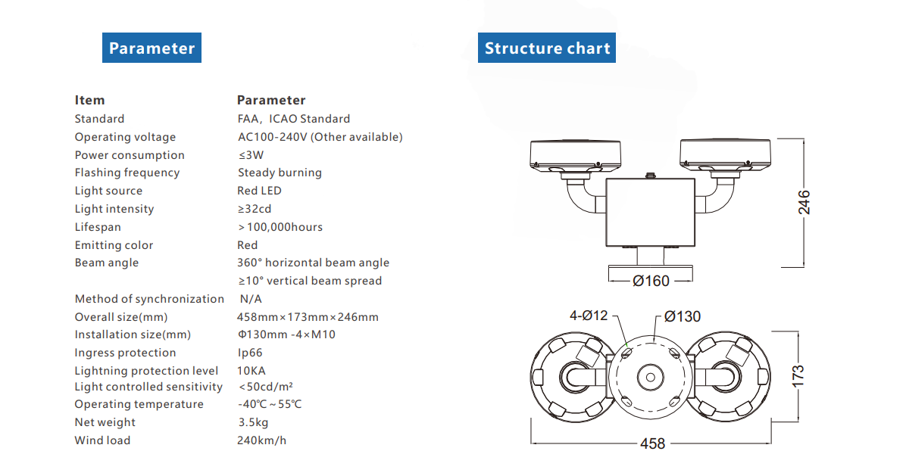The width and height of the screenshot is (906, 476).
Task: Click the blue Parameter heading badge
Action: coord(152,48)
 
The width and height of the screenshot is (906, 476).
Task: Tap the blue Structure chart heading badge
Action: coord(547,48)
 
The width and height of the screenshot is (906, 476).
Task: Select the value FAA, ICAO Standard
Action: coord(294,119)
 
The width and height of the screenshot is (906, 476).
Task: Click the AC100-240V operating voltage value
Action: coord(320,137)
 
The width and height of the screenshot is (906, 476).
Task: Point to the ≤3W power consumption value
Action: coord(251,155)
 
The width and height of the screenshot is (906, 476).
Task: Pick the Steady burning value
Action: coord(280,173)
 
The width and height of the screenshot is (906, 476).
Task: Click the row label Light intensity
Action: coord(114,209)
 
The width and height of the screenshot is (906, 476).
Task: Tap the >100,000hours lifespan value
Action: coord(280,227)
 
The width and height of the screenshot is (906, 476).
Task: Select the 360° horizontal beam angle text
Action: coord(313,263)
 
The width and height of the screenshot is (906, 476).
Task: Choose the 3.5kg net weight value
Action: coord(253,422)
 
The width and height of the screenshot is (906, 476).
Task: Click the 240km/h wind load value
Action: coord(261,440)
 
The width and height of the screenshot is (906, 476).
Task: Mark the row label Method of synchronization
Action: coord(149,299)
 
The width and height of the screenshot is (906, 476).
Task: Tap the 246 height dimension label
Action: coord(804,202)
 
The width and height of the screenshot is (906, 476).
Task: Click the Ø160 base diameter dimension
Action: coord(651,281)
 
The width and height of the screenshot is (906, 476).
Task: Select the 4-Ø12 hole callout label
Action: coord(589,316)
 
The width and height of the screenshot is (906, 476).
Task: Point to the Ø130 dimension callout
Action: coord(682,316)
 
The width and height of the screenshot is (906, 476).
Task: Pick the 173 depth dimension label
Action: coord(798,375)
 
